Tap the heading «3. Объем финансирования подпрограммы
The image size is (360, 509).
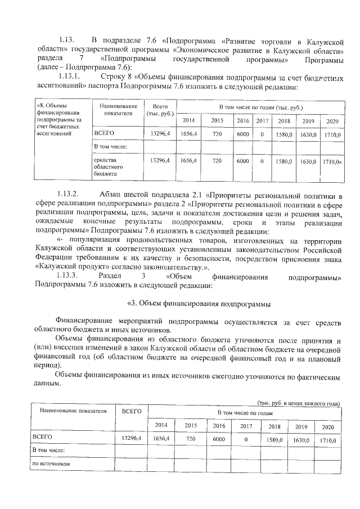(x=199, y=304)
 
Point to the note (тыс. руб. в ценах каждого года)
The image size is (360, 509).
(x=299, y=403)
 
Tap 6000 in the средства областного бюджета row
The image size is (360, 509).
(x=242, y=161)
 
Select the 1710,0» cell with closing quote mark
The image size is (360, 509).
(x=332, y=161)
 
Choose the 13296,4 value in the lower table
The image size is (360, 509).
(x=131, y=438)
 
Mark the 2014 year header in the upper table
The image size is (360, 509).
(x=188, y=121)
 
